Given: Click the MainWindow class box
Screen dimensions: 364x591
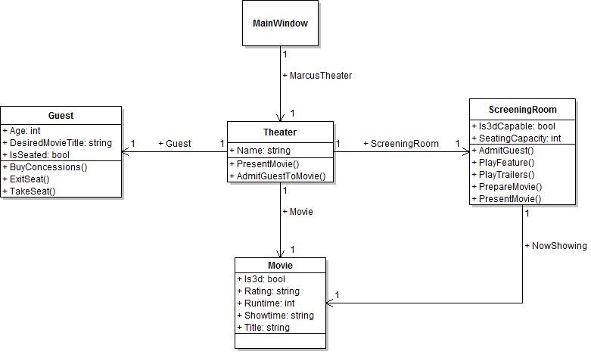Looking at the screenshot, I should [x=280, y=23].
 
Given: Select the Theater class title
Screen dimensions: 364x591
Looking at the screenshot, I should [x=280, y=132].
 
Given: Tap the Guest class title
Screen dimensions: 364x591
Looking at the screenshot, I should [x=61, y=116].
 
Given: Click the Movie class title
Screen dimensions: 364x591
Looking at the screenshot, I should [x=280, y=266].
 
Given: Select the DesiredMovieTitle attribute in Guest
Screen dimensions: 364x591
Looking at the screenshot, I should [x=61, y=142].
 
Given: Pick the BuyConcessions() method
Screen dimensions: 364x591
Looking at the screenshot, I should [x=49, y=167].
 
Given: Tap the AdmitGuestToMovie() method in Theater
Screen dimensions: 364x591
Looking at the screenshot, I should [x=281, y=176].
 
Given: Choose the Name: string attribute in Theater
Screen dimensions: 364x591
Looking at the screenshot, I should [x=264, y=151].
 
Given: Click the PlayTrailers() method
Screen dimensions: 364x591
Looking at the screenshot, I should [x=506, y=174].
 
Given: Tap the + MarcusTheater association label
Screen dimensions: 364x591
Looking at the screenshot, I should [x=317, y=76].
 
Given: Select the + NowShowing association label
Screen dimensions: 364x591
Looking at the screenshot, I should [x=556, y=246].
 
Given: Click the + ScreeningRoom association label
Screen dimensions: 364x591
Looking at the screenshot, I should [x=401, y=144].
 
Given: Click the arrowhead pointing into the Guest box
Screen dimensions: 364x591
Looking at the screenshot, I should [x=126, y=152].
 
